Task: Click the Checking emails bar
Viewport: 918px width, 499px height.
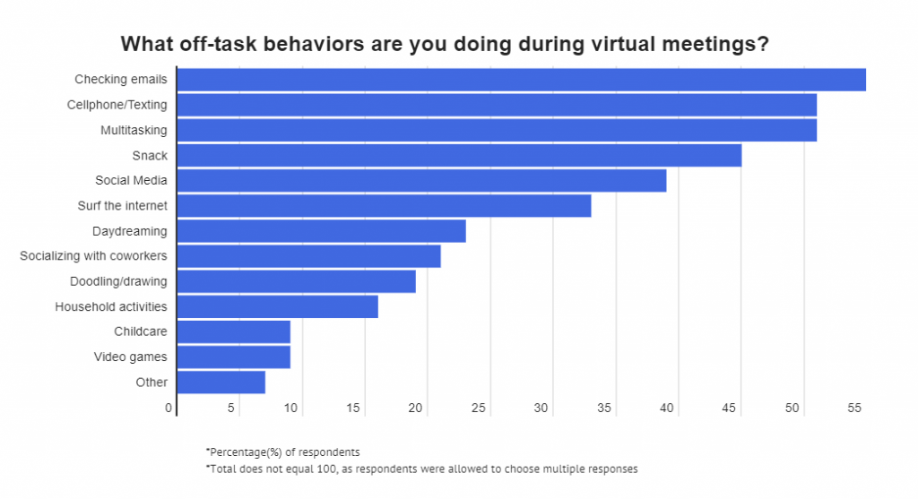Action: coord(521,80)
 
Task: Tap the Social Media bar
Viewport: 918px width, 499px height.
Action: coord(421,181)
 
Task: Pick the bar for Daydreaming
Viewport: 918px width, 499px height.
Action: coord(321,231)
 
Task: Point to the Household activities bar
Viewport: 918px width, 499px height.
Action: coord(277,306)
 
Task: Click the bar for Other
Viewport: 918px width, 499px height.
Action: coord(221,383)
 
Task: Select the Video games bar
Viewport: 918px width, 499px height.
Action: coord(233,357)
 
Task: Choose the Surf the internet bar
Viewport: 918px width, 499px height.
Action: coord(384,206)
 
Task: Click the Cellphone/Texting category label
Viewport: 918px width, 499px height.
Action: coord(117,105)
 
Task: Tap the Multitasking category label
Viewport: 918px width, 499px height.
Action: coord(134,130)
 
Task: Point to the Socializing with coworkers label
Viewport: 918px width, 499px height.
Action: coord(93,256)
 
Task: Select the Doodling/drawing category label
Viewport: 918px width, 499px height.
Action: coord(118,281)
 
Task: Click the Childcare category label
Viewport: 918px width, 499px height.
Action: coord(141,331)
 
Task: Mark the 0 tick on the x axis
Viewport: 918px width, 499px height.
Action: coord(169,408)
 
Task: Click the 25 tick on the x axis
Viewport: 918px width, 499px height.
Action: coord(479,408)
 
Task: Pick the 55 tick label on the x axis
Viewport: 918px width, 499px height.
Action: coord(854,408)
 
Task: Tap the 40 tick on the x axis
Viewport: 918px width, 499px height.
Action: coord(667,408)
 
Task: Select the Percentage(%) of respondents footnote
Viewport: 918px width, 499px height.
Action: coord(282,452)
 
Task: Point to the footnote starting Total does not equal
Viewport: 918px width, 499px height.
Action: coord(420,469)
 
